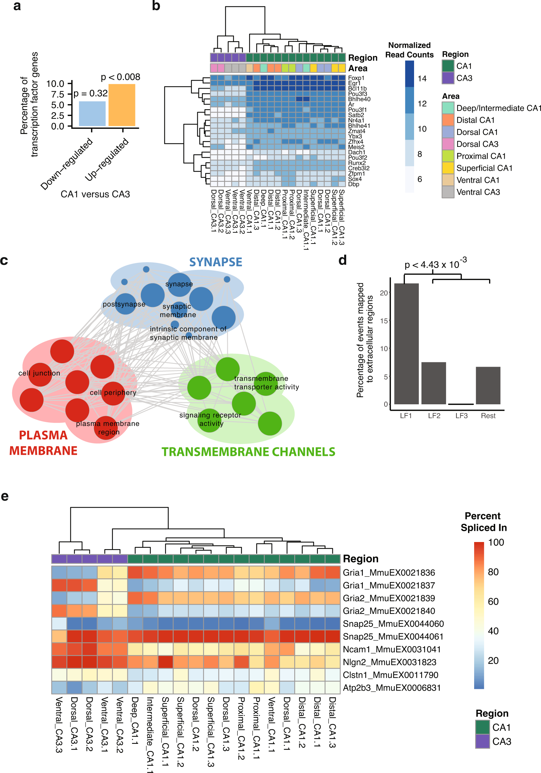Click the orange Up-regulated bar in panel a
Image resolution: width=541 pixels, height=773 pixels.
coord(122,105)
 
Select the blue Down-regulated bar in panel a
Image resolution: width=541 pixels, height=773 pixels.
coord(92,114)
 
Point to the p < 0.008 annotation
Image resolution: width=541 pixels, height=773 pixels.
coord(120,77)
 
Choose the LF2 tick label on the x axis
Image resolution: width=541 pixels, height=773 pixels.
coord(434,416)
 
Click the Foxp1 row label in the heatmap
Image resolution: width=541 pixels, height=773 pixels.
coord(356,78)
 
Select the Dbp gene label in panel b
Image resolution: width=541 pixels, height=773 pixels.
coord(354,184)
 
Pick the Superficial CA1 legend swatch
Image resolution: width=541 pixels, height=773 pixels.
coord(448,168)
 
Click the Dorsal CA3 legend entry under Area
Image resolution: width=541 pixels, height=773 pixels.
coord(477,144)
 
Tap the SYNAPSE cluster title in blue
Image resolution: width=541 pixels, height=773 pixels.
coord(216,262)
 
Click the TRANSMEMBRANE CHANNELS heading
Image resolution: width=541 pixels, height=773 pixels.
coord(248,452)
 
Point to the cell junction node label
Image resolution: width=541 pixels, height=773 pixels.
coord(39,373)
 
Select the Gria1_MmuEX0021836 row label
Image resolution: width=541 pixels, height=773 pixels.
coord(389,573)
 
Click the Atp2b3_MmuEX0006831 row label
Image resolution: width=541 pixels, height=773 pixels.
coord(392,688)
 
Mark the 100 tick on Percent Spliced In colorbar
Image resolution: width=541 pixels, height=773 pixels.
coord(496,542)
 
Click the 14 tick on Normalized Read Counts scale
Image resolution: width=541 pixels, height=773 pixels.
coord(422,79)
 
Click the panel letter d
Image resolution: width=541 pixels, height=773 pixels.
coord(343,260)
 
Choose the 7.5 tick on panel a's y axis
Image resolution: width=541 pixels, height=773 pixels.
coord(58,94)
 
